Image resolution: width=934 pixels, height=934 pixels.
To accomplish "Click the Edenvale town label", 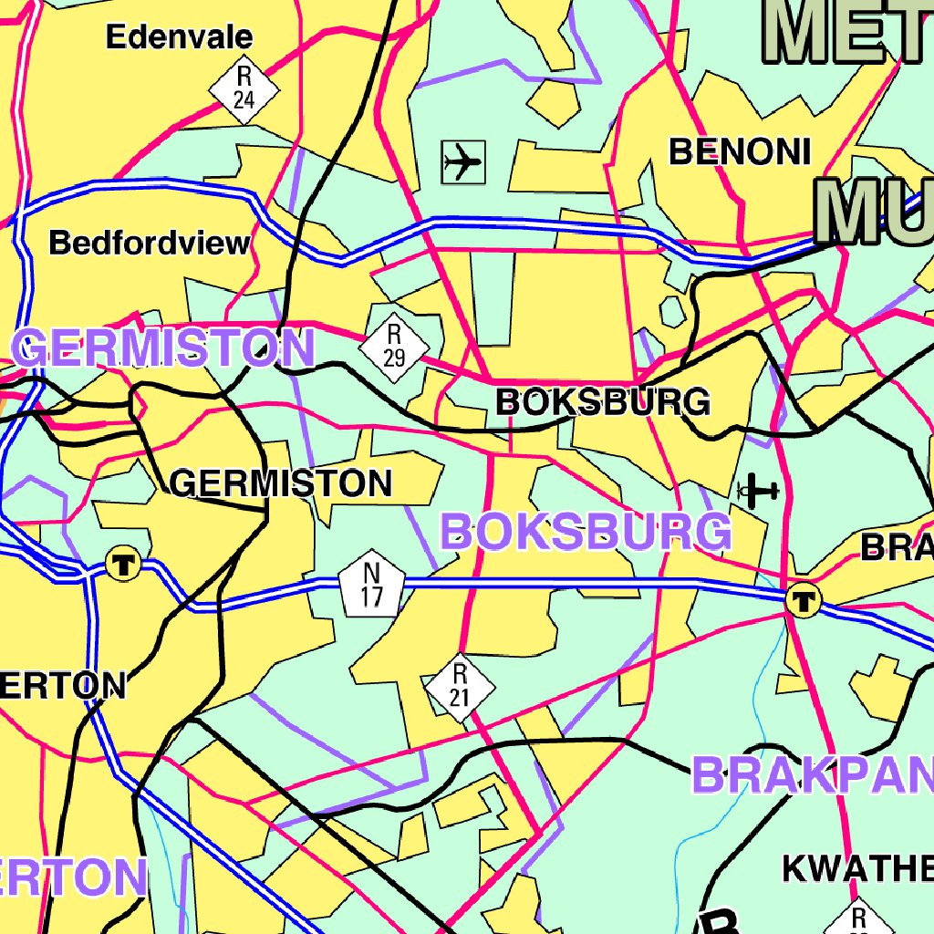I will click(179, 37).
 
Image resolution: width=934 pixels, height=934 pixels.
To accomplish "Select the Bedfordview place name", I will click(149, 244).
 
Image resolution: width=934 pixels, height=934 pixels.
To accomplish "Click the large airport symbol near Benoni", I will click(462, 162).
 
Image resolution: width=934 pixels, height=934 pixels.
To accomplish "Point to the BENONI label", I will click(740, 151).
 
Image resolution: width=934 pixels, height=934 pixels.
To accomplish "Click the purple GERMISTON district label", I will click(164, 349).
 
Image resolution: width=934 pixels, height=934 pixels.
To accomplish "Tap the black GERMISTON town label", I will click(281, 483).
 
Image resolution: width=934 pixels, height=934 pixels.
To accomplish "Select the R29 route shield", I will click(394, 346).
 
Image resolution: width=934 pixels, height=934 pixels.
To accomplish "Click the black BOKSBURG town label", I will click(602, 402).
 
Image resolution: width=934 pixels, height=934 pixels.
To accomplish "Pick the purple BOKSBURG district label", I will click(586, 532).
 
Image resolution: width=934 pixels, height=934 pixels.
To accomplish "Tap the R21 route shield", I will click(460, 687).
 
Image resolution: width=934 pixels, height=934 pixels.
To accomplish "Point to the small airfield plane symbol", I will click(759, 492).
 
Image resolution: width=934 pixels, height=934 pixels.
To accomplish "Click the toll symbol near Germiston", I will click(120, 563).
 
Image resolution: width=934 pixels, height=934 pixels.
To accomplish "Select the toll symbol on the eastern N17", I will click(804, 599).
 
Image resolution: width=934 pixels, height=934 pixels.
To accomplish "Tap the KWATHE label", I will click(857, 869).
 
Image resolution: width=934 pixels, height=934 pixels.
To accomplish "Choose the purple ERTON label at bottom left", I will click(73, 877).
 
